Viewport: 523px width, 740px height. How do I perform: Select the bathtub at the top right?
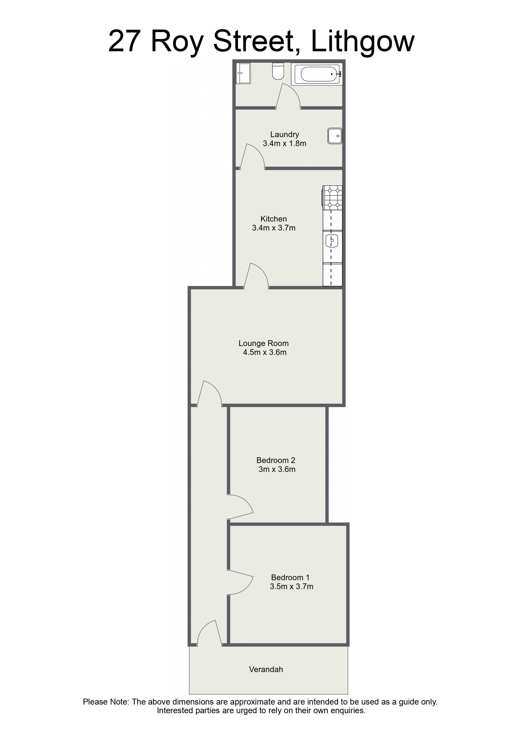[317, 74]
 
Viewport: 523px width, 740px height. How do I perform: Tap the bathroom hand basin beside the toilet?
[243, 73]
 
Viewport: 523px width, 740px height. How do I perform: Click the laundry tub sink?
[335, 136]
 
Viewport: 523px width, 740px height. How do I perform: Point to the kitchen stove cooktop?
[332, 198]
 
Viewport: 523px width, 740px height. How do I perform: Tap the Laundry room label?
[284, 134]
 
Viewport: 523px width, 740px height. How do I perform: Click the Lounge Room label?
[264, 343]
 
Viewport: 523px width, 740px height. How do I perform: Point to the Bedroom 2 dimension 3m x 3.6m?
[277, 469]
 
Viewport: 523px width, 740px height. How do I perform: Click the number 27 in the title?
[124, 41]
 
